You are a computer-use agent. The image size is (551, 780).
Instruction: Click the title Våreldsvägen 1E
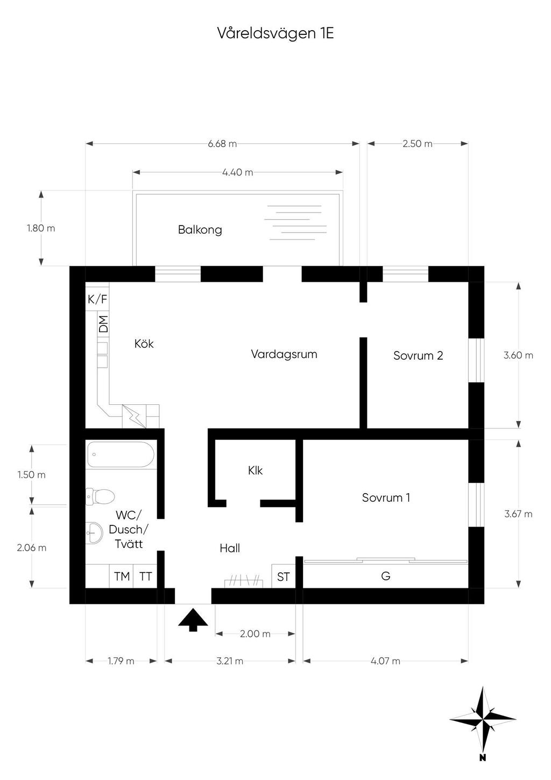pos(275,33)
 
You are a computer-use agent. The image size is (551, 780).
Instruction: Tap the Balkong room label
pos(200,230)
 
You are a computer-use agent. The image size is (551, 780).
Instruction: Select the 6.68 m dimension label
pos(222,144)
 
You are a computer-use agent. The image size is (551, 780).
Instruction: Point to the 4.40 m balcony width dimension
pos(237,172)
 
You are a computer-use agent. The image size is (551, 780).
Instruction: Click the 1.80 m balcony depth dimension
pos(41,228)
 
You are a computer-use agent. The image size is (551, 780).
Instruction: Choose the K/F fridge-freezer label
pos(97,299)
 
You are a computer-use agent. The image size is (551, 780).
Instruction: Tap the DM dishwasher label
pos(103,324)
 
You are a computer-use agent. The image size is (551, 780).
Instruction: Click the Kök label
pos(144,343)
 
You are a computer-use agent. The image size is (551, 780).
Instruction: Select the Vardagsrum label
pos(284,355)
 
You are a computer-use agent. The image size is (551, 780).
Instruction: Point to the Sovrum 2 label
pos(418,355)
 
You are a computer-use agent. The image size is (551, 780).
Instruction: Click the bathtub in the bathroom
pos(121,454)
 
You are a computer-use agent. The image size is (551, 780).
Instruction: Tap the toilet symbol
pos(100,496)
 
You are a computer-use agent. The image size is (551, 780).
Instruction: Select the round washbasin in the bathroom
pos(94,532)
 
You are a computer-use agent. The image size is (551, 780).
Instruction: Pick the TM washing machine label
pos(122,577)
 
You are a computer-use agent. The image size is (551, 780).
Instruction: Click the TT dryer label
pos(145,577)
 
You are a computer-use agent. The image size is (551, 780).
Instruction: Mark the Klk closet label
pos(255,471)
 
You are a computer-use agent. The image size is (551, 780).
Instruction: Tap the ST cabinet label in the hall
pos(284,577)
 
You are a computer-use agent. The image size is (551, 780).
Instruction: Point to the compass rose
pos(483,719)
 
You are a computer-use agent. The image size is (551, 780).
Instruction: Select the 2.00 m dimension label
pos(255,634)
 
